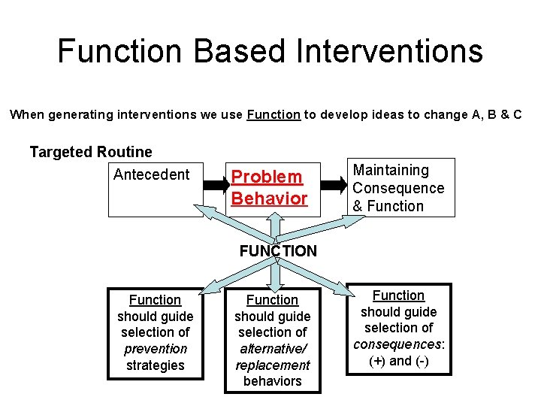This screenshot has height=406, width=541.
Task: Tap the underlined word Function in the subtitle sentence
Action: (x=274, y=115)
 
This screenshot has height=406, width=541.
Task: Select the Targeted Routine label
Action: (x=91, y=152)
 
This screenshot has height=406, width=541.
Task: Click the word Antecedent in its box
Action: (x=151, y=174)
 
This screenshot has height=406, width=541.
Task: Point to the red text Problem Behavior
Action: (x=269, y=187)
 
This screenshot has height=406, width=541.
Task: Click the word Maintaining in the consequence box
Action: (x=391, y=171)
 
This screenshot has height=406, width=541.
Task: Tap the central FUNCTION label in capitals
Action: (x=278, y=251)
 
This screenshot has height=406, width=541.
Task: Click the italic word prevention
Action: (x=155, y=349)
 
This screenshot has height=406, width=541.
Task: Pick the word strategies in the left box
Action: (x=155, y=365)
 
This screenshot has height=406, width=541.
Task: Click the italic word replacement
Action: (x=272, y=365)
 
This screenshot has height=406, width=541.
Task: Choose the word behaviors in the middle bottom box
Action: (x=272, y=381)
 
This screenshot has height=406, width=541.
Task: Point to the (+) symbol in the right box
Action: (x=378, y=361)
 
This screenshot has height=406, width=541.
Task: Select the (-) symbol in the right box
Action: (x=421, y=361)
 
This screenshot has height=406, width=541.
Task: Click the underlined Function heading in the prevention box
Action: (x=155, y=300)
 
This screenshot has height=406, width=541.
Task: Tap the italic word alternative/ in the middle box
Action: (x=272, y=349)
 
